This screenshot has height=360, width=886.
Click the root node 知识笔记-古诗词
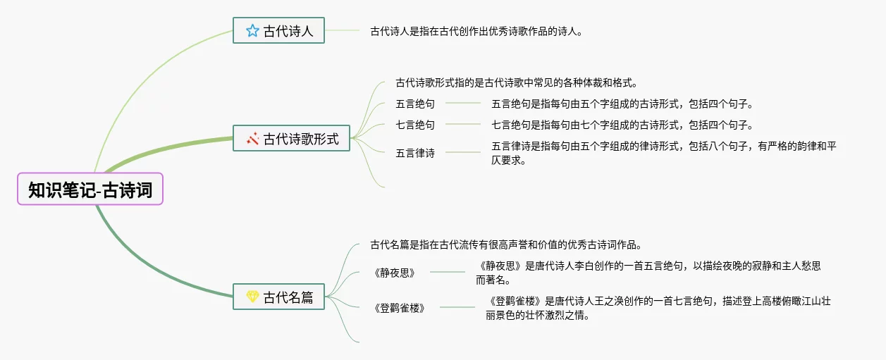coord(90,189)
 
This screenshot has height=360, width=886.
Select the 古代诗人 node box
coord(279,31)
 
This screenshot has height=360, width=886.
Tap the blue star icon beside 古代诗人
coord(252,31)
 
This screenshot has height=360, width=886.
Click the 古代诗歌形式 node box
coord(292,139)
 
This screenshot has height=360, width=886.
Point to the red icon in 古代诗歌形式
coord(252,139)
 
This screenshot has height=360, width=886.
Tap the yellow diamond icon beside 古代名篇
coord(252,297)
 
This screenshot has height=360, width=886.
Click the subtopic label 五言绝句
coord(415,104)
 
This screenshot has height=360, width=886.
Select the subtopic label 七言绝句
coord(415,125)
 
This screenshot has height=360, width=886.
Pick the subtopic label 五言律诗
coord(415,152)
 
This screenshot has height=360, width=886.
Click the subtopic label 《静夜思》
coord(395,272)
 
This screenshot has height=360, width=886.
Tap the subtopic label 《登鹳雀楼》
coord(400,307)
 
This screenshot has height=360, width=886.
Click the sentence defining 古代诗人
coord(476,31)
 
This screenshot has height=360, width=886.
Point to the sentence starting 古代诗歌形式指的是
coord(517,83)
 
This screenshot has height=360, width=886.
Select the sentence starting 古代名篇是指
coord(505,245)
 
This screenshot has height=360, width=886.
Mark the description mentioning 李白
coord(648,273)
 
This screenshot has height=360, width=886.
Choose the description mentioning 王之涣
coord(658,308)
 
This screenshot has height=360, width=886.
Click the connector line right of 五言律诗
coord(462,152)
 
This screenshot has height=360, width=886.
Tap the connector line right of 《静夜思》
coord(448,271)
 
